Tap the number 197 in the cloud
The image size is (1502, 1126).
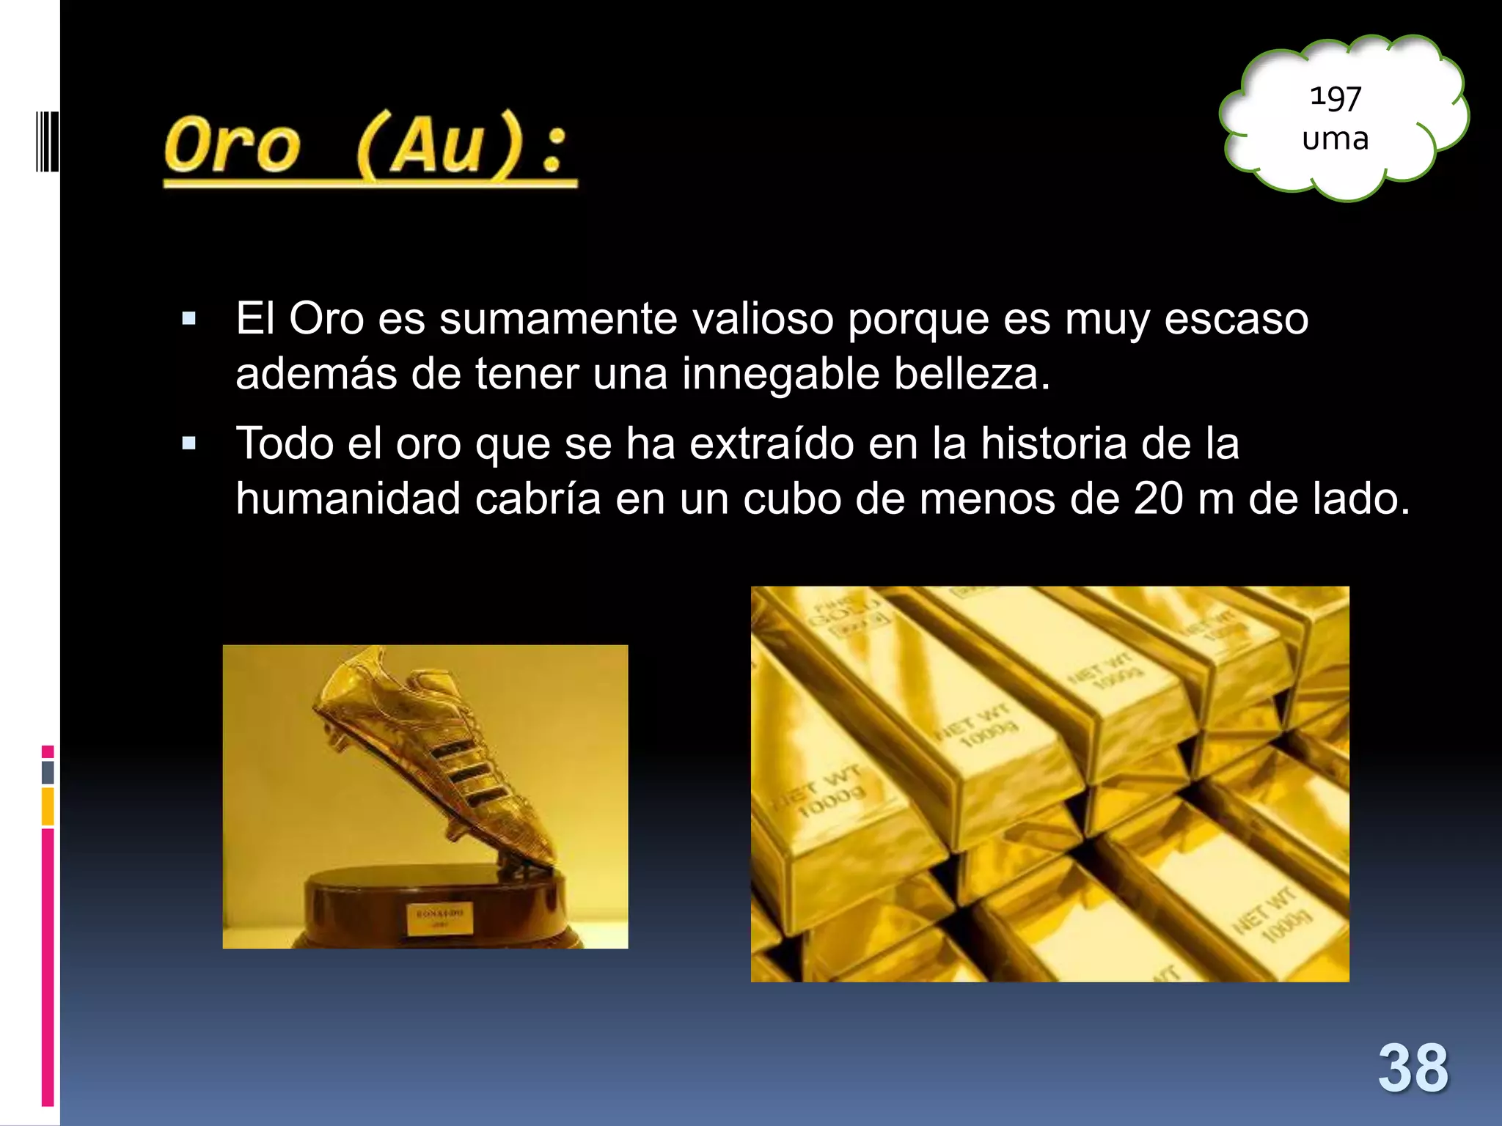coord(1336,97)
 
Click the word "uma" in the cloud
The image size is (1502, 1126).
coord(1336,139)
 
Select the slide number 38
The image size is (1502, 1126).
coord(1413,1068)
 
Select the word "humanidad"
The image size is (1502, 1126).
coord(348,498)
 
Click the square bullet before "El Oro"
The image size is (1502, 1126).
coord(189,319)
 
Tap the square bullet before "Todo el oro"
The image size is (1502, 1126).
coord(189,444)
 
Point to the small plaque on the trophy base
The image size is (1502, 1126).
coord(440,918)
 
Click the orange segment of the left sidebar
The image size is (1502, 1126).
coord(48,806)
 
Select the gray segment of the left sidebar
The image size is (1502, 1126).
coord(48,772)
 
